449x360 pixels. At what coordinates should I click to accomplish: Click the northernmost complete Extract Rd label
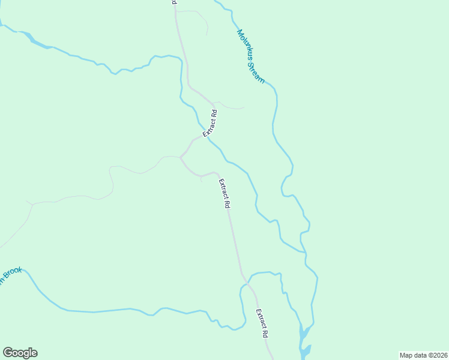(209, 123)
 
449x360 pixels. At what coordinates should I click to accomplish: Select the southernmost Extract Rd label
(261, 323)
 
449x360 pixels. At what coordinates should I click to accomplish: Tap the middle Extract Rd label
(224, 193)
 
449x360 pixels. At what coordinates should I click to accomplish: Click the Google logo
(20, 353)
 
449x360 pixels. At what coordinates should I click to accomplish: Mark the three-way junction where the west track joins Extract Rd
(181, 157)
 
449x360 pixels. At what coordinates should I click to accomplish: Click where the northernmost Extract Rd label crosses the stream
(207, 134)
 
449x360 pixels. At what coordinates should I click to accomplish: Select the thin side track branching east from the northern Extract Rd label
(231, 106)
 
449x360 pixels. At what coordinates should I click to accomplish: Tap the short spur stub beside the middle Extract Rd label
(201, 178)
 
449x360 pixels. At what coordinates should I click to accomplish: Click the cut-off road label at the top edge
(174, 2)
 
